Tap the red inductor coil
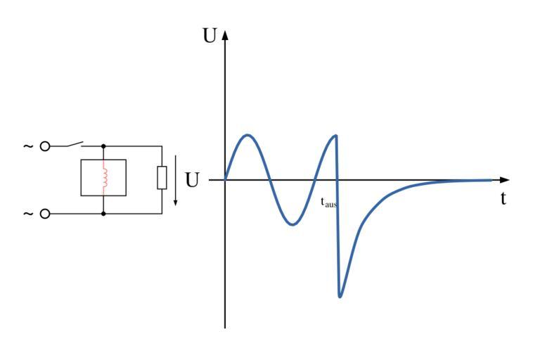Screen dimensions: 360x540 pos(104,177)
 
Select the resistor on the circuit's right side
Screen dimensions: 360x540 pos(162,179)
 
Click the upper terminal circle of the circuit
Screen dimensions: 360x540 pos(46,146)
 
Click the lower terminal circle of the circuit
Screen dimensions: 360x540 pos(46,213)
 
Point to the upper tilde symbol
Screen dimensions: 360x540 pos(29,146)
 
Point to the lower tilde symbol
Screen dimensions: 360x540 pos(29,213)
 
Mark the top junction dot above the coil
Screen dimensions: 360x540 pos(104,146)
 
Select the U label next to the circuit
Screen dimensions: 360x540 pos(192,180)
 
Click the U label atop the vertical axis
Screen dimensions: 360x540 pos(210,36)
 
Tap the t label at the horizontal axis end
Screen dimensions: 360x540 pos(503,198)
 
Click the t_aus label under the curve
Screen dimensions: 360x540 pos(328,202)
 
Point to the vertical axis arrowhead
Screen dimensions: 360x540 pos(225,34)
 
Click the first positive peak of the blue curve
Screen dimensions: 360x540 pos(247,135)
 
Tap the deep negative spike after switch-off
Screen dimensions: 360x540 pos(340,296)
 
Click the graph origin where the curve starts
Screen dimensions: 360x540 pos(225,180)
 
